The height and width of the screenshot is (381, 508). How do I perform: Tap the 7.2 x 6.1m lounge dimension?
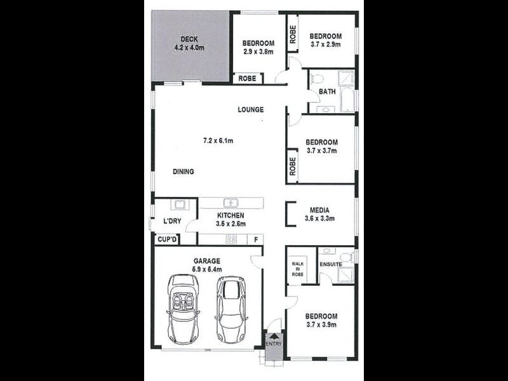click(218, 140)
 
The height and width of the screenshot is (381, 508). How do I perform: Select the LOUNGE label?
click(251, 110)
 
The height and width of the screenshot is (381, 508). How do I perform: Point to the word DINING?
click(184, 171)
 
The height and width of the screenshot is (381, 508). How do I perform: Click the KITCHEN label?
click(231, 215)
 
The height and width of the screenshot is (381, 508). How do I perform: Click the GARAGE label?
click(207, 261)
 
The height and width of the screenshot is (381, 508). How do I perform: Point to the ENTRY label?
click(274, 344)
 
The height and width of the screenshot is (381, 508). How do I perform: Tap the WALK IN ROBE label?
click(298, 269)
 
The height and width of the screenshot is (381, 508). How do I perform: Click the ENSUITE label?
click(331, 264)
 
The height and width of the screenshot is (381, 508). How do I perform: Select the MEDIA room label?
click(319, 210)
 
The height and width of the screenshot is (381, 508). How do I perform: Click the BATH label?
click(327, 91)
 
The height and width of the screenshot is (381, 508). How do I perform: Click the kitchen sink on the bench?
click(233, 203)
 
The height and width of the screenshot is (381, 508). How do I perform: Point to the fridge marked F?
click(256, 239)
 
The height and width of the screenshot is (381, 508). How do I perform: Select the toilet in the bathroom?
click(317, 79)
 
